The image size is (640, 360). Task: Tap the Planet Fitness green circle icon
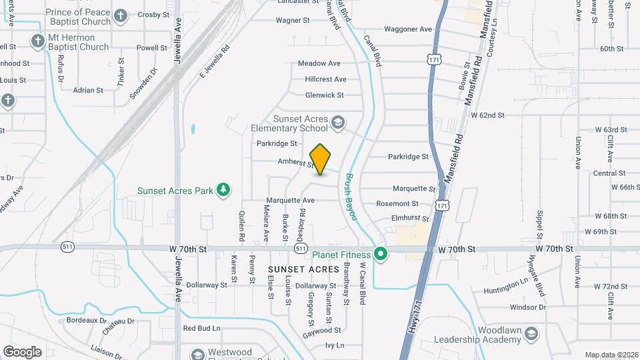(381, 253)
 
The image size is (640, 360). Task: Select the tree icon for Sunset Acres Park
(224, 191)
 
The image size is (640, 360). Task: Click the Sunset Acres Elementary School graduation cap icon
(338, 123)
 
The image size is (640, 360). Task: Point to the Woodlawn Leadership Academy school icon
(531, 333)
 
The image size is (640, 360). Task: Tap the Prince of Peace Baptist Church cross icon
(120, 15)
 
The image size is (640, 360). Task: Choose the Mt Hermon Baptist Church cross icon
(38, 41)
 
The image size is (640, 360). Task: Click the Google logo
(22, 351)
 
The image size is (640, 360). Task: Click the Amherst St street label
(296, 162)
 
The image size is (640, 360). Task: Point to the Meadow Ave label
(319, 63)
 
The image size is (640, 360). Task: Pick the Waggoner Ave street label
(408, 29)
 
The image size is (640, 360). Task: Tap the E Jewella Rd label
(215, 62)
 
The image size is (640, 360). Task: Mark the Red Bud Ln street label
(201, 328)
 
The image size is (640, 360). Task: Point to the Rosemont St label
(397, 203)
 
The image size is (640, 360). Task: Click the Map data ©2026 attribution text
(611, 355)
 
